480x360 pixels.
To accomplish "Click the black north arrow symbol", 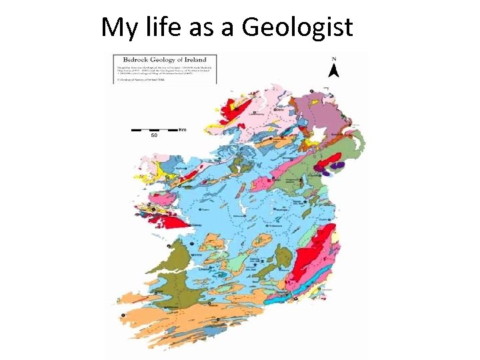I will coord(335,70).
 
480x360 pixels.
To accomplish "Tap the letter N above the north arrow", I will coord(334,59).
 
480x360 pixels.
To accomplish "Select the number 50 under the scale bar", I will coord(153,136).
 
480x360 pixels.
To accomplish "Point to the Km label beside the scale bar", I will coord(182,129).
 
